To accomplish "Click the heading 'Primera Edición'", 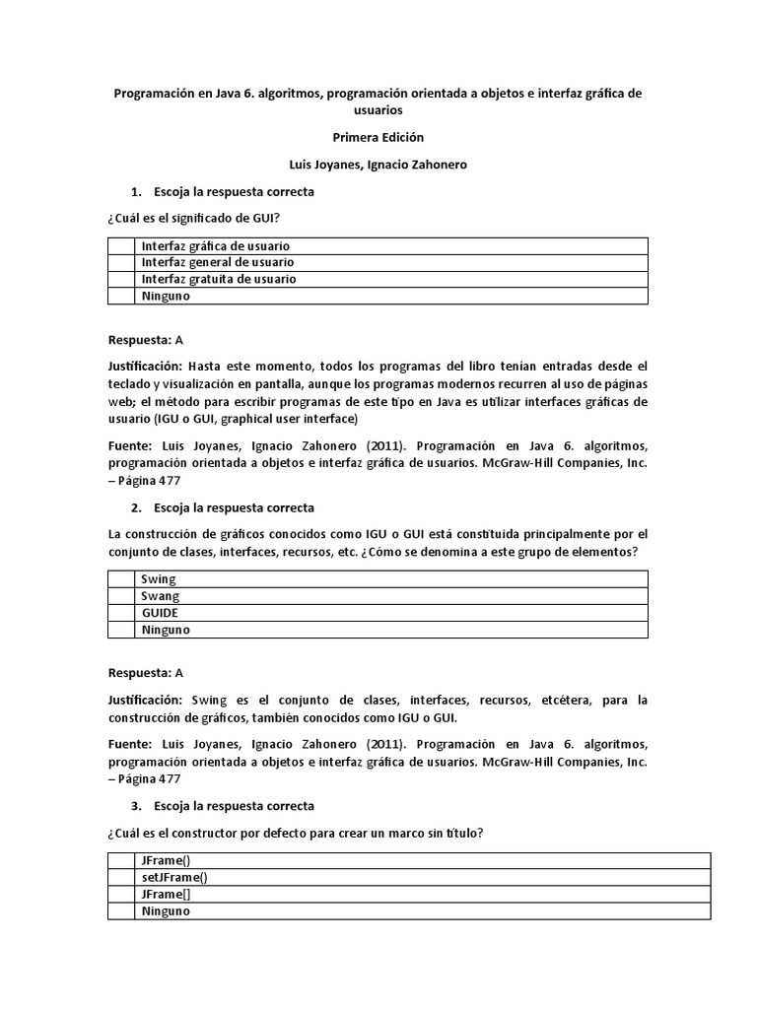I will click(x=378, y=138).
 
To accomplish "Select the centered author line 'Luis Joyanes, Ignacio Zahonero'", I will click(x=378, y=166).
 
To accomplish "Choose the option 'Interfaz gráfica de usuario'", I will click(x=217, y=245).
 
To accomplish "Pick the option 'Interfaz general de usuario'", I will click(x=217, y=262).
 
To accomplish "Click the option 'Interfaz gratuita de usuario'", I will click(x=218, y=279).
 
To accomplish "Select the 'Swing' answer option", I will click(x=159, y=579).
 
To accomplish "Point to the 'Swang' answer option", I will click(x=161, y=596).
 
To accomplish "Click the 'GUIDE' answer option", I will click(x=160, y=613).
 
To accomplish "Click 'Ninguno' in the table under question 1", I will click(x=166, y=296).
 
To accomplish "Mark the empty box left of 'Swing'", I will click(x=121, y=579).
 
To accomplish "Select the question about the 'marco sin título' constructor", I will click(x=295, y=834).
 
